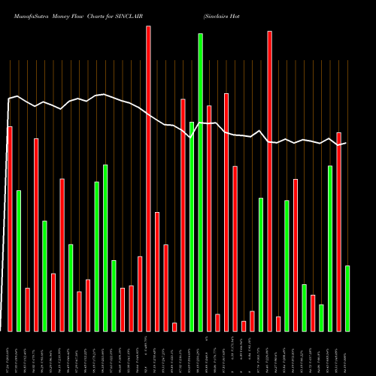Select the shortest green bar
[321, 317]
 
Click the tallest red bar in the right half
[269, 181]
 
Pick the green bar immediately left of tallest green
[192, 226]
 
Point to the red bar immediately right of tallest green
[209, 218]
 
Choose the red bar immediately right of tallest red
[157, 271]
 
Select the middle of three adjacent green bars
[105, 247]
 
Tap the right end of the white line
[346, 143]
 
